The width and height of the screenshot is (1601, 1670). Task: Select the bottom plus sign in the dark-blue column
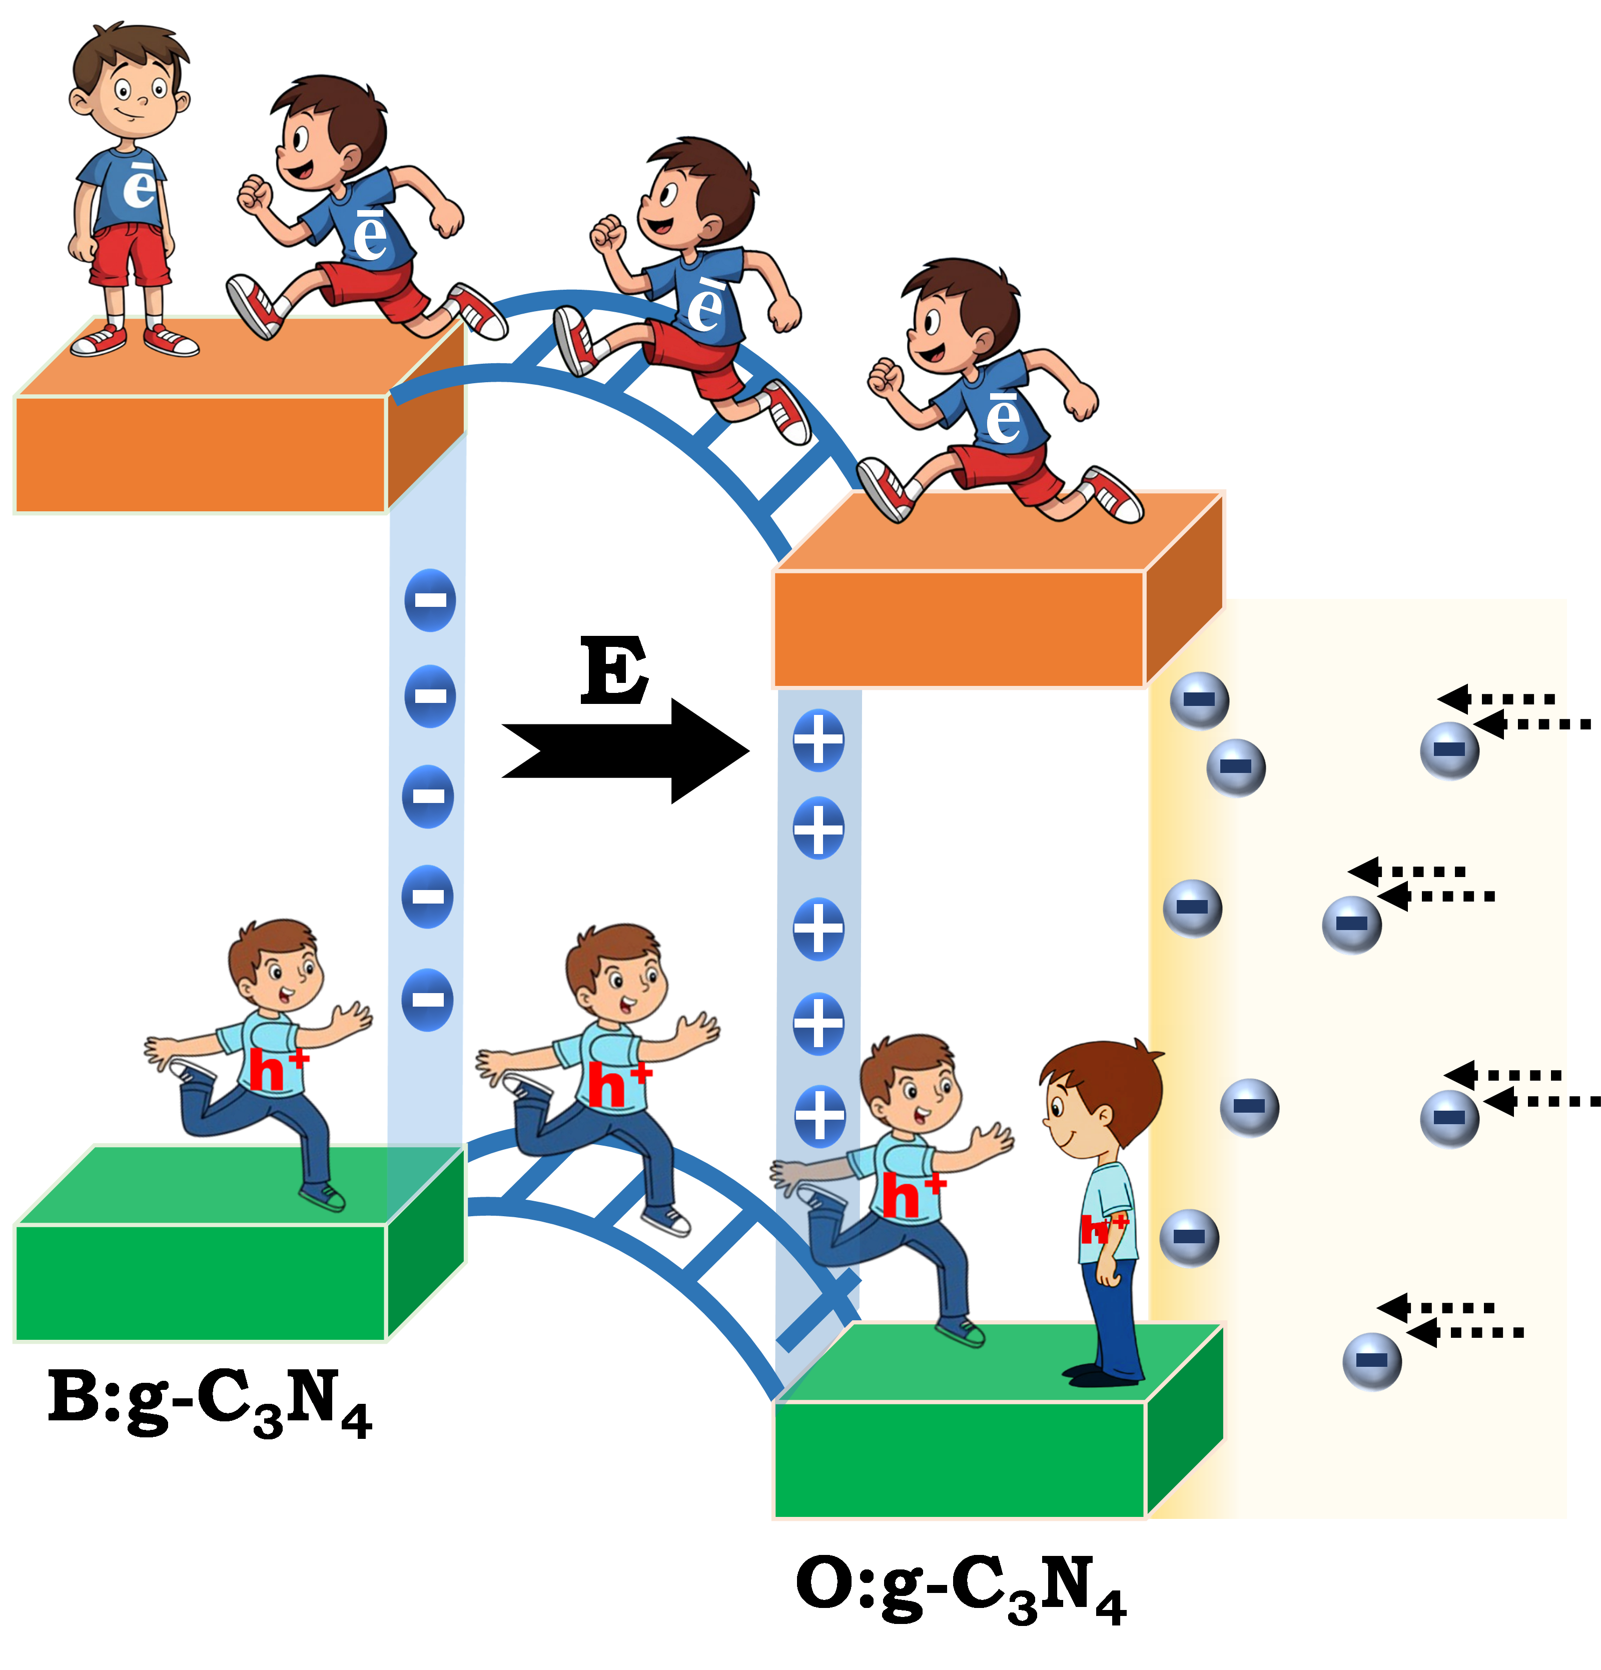point(819,1115)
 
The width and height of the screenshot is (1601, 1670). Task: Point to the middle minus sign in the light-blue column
point(429,796)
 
